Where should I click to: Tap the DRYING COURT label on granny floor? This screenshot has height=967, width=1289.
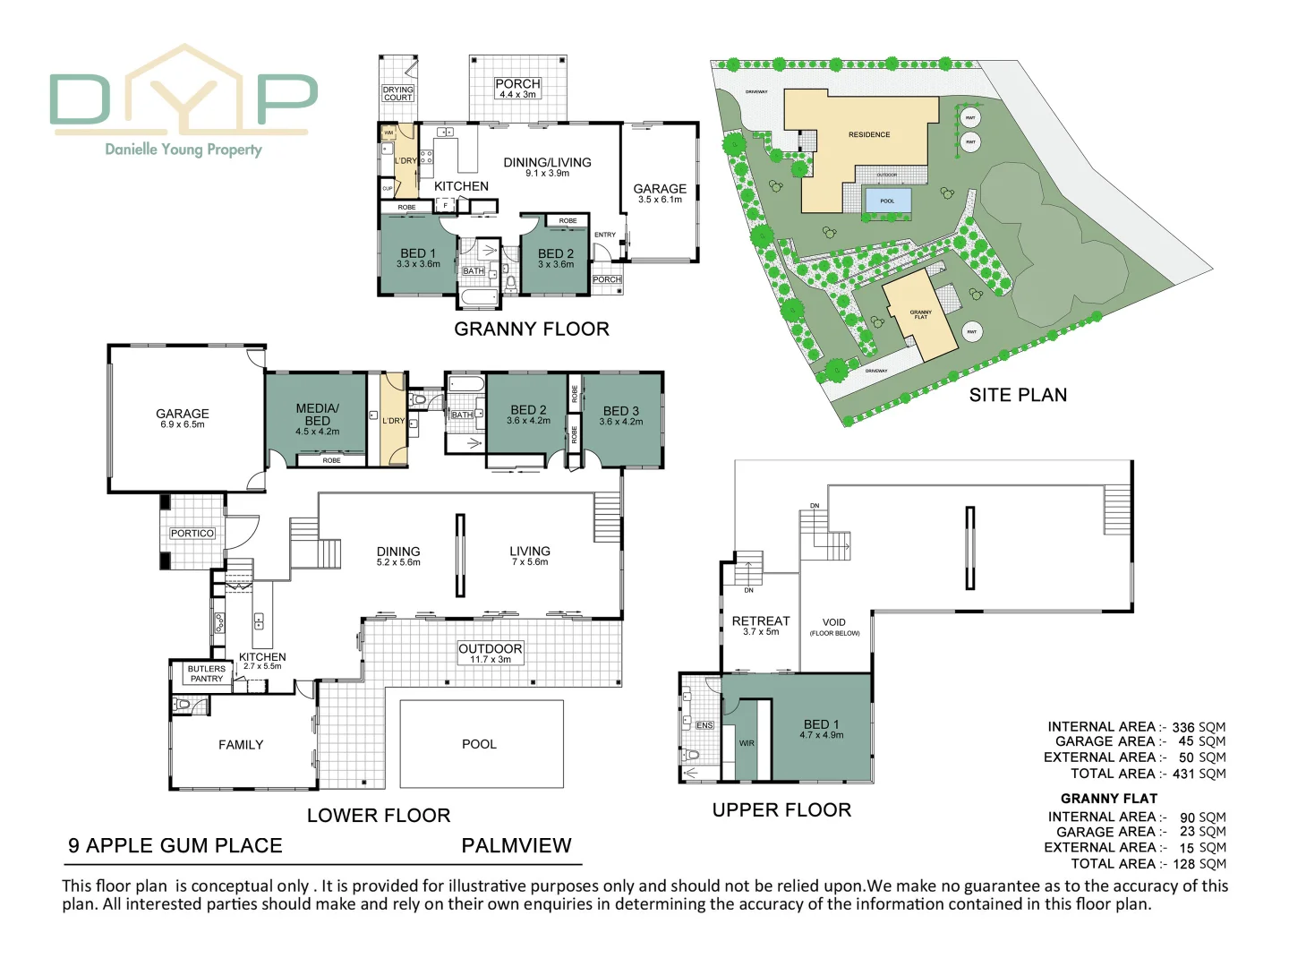(398, 94)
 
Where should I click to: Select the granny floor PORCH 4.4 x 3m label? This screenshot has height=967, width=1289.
(517, 88)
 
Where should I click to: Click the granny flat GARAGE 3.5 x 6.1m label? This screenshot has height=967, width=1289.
(660, 193)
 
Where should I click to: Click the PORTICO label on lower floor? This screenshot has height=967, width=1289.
(192, 534)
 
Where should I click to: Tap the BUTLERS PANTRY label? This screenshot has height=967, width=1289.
(207, 673)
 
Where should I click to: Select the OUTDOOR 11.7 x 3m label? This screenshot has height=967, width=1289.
(490, 653)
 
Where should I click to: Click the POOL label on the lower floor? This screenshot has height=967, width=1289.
(479, 744)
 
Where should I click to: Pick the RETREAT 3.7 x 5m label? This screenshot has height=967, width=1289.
(761, 625)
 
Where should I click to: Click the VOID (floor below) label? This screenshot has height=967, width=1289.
(834, 627)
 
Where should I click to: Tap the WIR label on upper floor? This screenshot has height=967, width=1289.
(747, 743)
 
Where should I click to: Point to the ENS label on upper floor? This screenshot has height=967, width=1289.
(704, 725)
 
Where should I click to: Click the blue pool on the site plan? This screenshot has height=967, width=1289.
(887, 201)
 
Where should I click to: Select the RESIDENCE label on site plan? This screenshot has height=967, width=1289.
(869, 134)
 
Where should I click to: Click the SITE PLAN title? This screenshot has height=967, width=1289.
(1018, 395)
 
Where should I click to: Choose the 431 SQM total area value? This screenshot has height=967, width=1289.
(1199, 774)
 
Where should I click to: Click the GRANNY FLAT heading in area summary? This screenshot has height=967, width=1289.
(1109, 799)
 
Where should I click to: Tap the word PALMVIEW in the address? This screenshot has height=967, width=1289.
(516, 846)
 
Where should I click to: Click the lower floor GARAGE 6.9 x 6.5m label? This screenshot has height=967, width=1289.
(183, 418)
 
